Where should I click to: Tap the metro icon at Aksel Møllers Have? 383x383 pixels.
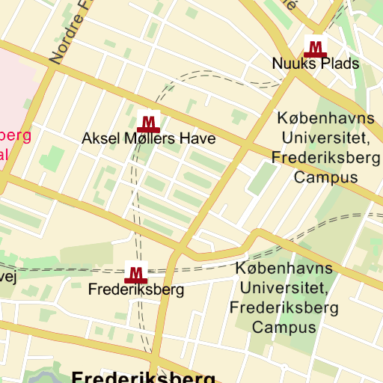[x=149, y=121]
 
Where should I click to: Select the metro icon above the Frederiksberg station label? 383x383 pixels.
[x=136, y=273]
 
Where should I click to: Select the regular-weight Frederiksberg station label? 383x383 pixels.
[x=136, y=289]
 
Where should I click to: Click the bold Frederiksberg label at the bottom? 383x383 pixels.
[x=144, y=376]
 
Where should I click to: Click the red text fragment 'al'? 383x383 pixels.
[x=4, y=155]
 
